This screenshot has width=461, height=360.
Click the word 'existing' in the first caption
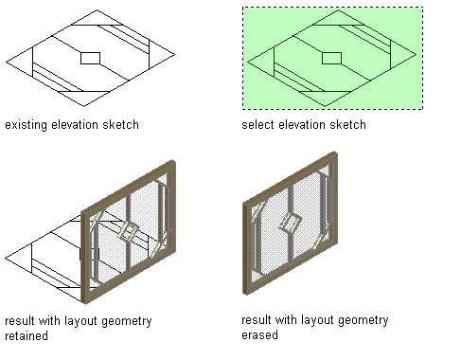click(x=26, y=125)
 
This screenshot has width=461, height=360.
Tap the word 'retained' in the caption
click(x=27, y=335)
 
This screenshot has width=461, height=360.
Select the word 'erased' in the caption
click(x=259, y=335)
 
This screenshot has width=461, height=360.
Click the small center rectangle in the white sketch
click(x=90, y=58)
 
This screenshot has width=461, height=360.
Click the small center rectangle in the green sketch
click(x=331, y=58)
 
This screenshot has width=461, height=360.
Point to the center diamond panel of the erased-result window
click(x=291, y=223)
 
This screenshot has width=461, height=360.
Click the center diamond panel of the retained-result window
click(x=129, y=232)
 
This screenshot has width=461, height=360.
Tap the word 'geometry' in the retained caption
click(x=127, y=321)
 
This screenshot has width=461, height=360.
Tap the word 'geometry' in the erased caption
click(x=363, y=320)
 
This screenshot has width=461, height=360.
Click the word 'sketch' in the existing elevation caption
click(x=120, y=125)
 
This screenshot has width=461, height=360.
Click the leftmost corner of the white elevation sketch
click(x=6, y=62)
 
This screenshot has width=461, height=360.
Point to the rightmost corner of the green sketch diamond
click(x=417, y=54)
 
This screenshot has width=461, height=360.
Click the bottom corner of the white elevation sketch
click(x=83, y=106)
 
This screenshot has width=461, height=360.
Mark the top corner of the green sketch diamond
click(x=338, y=9)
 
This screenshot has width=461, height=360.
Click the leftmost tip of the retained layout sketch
click(x=5, y=258)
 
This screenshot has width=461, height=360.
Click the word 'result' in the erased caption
click(x=256, y=320)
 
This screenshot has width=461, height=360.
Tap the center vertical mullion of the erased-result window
click(x=292, y=224)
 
